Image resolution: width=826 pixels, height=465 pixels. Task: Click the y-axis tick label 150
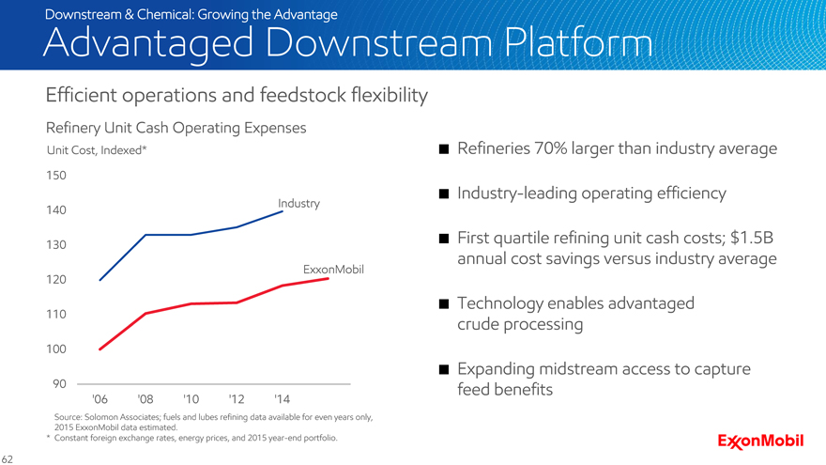tap(56, 176)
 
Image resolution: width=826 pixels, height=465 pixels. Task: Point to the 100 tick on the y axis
tap(56, 349)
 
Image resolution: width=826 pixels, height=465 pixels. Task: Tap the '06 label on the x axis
tap(99, 399)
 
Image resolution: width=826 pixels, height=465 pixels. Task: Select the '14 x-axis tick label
tap(282, 399)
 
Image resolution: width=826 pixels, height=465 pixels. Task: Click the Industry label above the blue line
tap(298, 204)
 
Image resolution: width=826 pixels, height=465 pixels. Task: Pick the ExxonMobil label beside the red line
tap(333, 270)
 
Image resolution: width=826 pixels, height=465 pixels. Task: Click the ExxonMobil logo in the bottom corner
tap(760, 442)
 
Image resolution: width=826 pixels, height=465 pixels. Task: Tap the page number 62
tap(7, 459)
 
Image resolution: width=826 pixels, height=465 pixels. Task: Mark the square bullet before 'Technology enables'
tap(444, 303)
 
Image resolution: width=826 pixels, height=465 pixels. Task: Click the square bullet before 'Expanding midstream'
tap(444, 369)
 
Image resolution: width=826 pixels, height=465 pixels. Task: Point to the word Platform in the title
tap(578, 42)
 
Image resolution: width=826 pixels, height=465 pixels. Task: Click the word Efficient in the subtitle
tap(81, 96)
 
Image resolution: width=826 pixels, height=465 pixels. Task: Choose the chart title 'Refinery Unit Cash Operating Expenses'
tap(176, 128)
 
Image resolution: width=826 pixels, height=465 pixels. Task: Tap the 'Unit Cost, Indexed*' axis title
tap(97, 150)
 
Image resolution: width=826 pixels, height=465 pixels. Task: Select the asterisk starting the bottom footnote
tap(48, 437)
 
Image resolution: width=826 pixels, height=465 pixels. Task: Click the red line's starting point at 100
tap(100, 349)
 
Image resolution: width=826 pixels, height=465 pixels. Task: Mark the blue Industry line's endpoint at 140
tap(283, 211)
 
